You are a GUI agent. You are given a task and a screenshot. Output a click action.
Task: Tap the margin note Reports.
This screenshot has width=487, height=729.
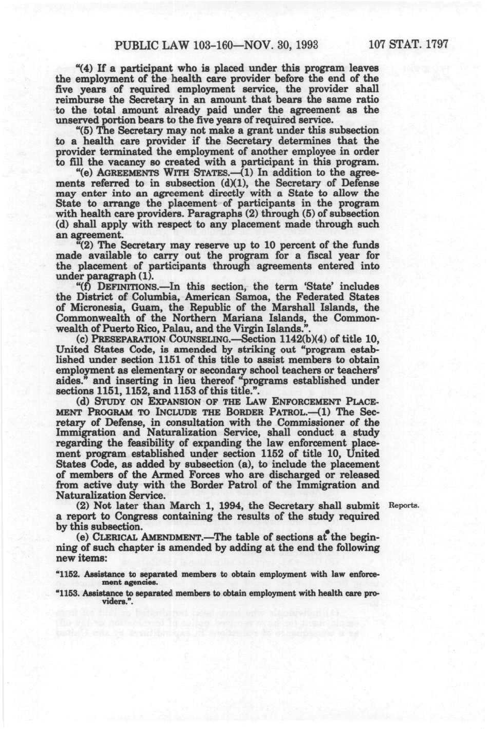coord(407,505)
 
